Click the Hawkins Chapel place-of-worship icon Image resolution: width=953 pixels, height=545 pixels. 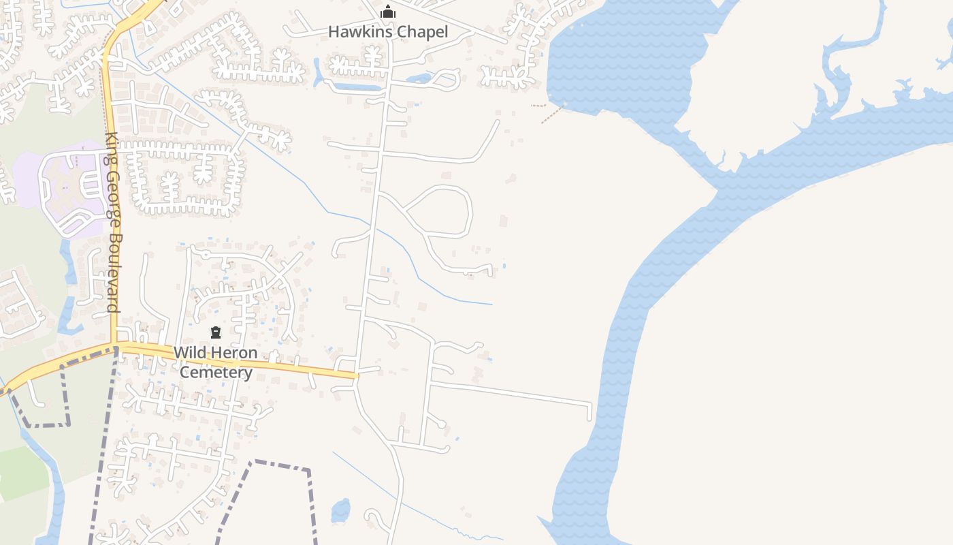point(388,12)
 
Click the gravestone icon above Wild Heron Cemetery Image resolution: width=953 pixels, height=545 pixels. point(216,332)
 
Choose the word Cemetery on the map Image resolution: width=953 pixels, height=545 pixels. point(216,373)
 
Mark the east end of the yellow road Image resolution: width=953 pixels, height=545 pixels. point(355,375)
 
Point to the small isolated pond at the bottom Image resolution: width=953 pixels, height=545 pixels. point(340,510)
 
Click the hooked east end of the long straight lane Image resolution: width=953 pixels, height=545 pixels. point(589,411)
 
